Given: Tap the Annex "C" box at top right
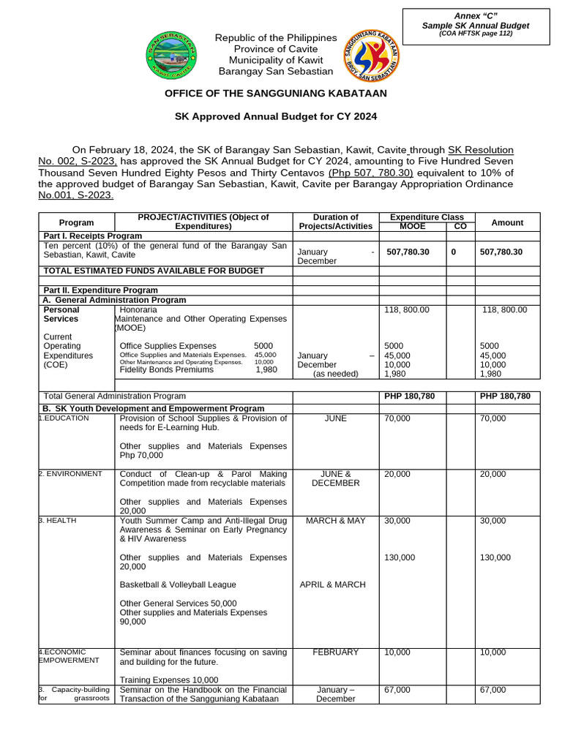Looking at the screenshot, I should [x=476, y=26].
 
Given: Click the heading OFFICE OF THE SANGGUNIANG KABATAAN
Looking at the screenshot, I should [x=276, y=94].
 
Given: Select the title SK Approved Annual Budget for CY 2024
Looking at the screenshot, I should [x=275, y=116].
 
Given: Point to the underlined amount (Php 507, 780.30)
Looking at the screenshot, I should [x=371, y=173].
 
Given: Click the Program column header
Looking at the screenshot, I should [x=76, y=222].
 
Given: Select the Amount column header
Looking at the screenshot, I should [x=507, y=222].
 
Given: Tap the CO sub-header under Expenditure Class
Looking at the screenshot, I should [x=460, y=227].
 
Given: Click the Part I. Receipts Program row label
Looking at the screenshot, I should [x=93, y=236].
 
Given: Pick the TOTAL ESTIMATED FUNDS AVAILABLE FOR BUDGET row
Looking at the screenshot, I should [x=154, y=271].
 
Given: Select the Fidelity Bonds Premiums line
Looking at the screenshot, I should [x=167, y=370].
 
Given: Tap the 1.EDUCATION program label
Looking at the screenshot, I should [x=64, y=418].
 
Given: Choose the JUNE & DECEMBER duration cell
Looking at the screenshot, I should [x=336, y=478].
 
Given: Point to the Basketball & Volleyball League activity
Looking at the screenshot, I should [x=178, y=585].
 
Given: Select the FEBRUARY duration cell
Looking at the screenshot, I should [x=336, y=652].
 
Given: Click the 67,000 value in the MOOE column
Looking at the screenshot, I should [x=397, y=690].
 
